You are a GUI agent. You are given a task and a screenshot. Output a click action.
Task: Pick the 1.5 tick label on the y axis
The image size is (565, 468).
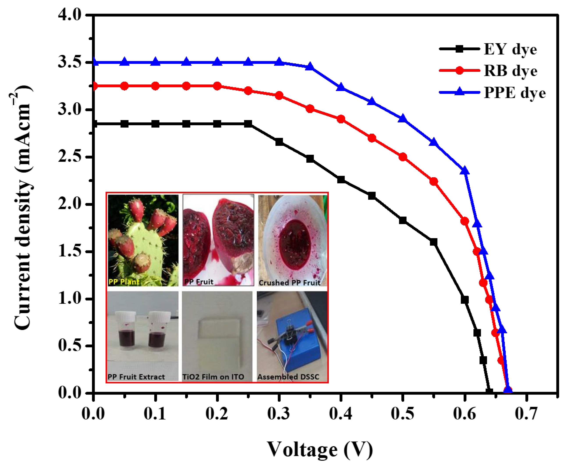pos(69,252)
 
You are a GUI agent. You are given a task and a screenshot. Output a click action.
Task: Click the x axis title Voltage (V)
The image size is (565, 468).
pos(320,449)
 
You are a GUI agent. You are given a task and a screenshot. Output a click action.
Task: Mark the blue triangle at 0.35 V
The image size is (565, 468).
pos(310,66)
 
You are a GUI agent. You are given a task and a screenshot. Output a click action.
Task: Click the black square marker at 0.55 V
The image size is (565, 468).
pos(433,242)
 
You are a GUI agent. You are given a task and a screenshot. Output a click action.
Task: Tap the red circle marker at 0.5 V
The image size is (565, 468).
pos(403,157)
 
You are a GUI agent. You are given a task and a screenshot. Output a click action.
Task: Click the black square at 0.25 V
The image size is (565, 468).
pos(248,124)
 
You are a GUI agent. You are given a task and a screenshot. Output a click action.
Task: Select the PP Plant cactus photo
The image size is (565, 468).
pos(143,240)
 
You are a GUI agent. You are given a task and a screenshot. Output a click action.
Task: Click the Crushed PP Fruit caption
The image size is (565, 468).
pos(289,283)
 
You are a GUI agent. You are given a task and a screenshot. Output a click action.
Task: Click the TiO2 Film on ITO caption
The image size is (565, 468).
pos(213,377)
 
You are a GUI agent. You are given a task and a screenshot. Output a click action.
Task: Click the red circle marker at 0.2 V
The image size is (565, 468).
pos(217,86)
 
